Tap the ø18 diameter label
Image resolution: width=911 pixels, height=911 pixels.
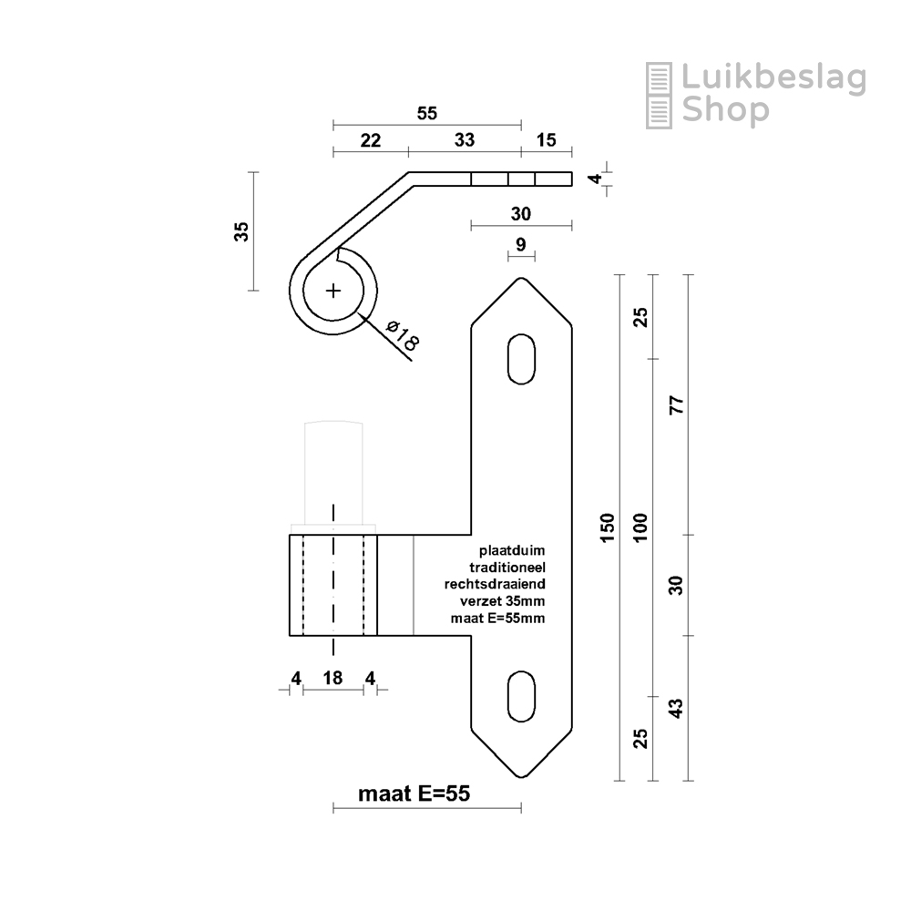pyautogui.click(x=402, y=336)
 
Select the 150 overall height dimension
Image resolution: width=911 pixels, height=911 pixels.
pyautogui.click(x=607, y=527)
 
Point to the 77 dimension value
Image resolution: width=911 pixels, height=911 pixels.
pyautogui.click(x=677, y=404)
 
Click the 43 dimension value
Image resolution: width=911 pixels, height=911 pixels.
pyautogui.click(x=677, y=708)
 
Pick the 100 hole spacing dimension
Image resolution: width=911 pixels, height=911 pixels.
pyautogui.click(x=640, y=527)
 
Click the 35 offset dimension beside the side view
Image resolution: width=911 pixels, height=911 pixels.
pyautogui.click(x=241, y=231)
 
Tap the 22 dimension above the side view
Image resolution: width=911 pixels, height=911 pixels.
pyautogui.click(x=371, y=140)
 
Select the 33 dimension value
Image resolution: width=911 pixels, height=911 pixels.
pyautogui.click(x=465, y=140)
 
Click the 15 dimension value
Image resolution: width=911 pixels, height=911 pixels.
pyautogui.click(x=546, y=140)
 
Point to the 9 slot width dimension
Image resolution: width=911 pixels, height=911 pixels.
pyautogui.click(x=521, y=244)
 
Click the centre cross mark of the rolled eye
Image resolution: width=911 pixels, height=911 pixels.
pyautogui.click(x=333, y=291)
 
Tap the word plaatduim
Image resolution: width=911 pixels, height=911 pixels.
pyautogui.click(x=512, y=550)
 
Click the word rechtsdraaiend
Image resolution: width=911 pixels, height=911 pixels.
pyautogui.click(x=495, y=584)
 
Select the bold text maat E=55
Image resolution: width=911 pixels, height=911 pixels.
pyautogui.click(x=415, y=793)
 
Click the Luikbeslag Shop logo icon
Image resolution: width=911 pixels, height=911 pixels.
pyautogui.click(x=659, y=96)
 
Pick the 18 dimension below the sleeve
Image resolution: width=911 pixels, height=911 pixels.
pyautogui.click(x=333, y=678)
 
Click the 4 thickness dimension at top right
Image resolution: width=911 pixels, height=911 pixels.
pyautogui.click(x=596, y=179)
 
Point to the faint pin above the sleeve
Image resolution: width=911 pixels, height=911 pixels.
pyautogui.click(x=333, y=472)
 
